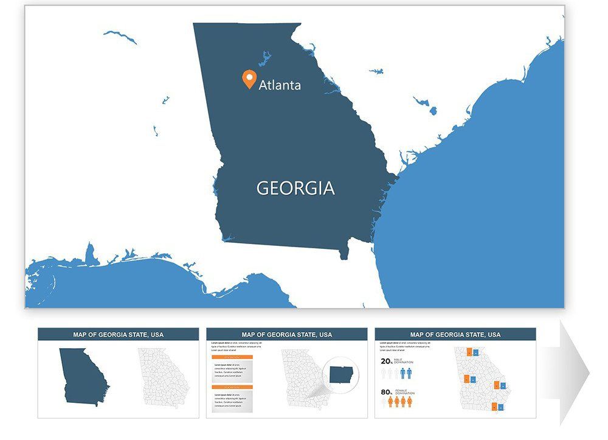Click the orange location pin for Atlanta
point(249,79)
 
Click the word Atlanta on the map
point(280,85)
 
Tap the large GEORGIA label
point(295,188)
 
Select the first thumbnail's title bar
point(119,334)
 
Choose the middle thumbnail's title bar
point(287,334)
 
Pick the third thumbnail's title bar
point(455,334)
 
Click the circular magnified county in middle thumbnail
point(342,374)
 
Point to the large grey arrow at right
point(575,372)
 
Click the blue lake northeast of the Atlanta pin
point(265,59)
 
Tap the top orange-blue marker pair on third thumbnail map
point(472,352)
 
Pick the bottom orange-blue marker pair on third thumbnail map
point(499,407)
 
